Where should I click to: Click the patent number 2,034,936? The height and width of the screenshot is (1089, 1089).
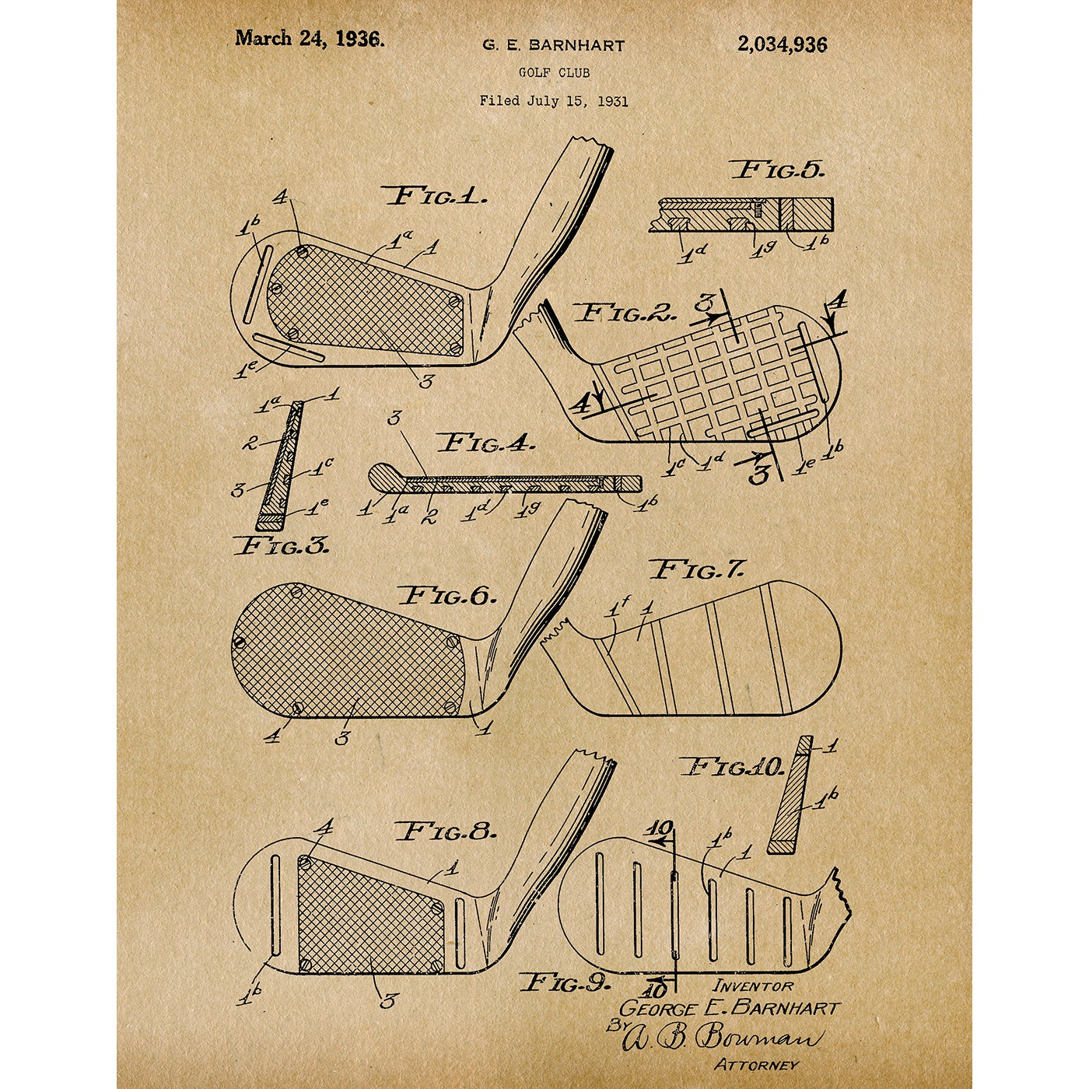pos(783,44)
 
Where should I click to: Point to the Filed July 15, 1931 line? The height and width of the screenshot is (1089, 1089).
pos(554,101)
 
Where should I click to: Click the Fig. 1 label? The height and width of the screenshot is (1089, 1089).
pos(435,197)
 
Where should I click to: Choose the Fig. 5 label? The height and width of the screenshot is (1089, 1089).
pos(778,170)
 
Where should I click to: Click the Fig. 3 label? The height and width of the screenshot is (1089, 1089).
pos(281,546)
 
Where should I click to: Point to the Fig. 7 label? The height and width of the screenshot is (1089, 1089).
pos(699,569)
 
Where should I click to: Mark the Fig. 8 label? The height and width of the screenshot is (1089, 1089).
pos(447,832)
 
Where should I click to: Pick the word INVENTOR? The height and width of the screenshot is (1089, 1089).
pos(752,987)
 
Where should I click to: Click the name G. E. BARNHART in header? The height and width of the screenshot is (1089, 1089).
pos(554,46)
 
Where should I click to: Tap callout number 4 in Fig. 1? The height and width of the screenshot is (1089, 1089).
pos(281,198)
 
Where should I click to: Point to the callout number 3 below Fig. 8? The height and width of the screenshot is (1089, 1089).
pos(387,1002)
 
